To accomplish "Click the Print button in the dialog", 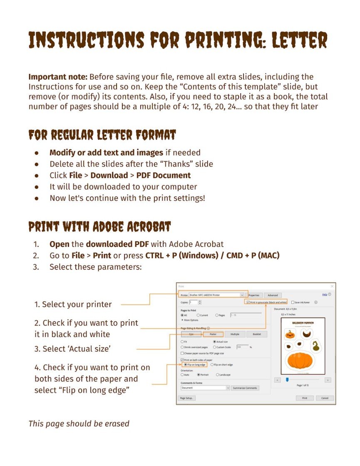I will pos(304,398).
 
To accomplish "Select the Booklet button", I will pos(256,334).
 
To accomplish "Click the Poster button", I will pos(213,334).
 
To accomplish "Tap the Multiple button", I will pos(235,334).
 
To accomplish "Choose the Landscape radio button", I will pos(217,375).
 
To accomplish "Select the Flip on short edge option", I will pos(212,364).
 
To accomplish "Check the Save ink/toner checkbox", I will pos(293,302).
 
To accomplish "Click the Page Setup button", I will pos(186,398).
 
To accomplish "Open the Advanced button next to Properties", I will pos(273,295).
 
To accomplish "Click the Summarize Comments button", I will pos(245,388).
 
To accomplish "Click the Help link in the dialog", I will pos(325,294).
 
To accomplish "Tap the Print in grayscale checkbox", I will pos(248,302).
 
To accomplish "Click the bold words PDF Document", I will pos(163,175).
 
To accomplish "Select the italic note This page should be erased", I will pos(79,424).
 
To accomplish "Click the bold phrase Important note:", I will pos(58,77).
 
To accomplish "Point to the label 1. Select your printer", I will pos(73,304).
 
